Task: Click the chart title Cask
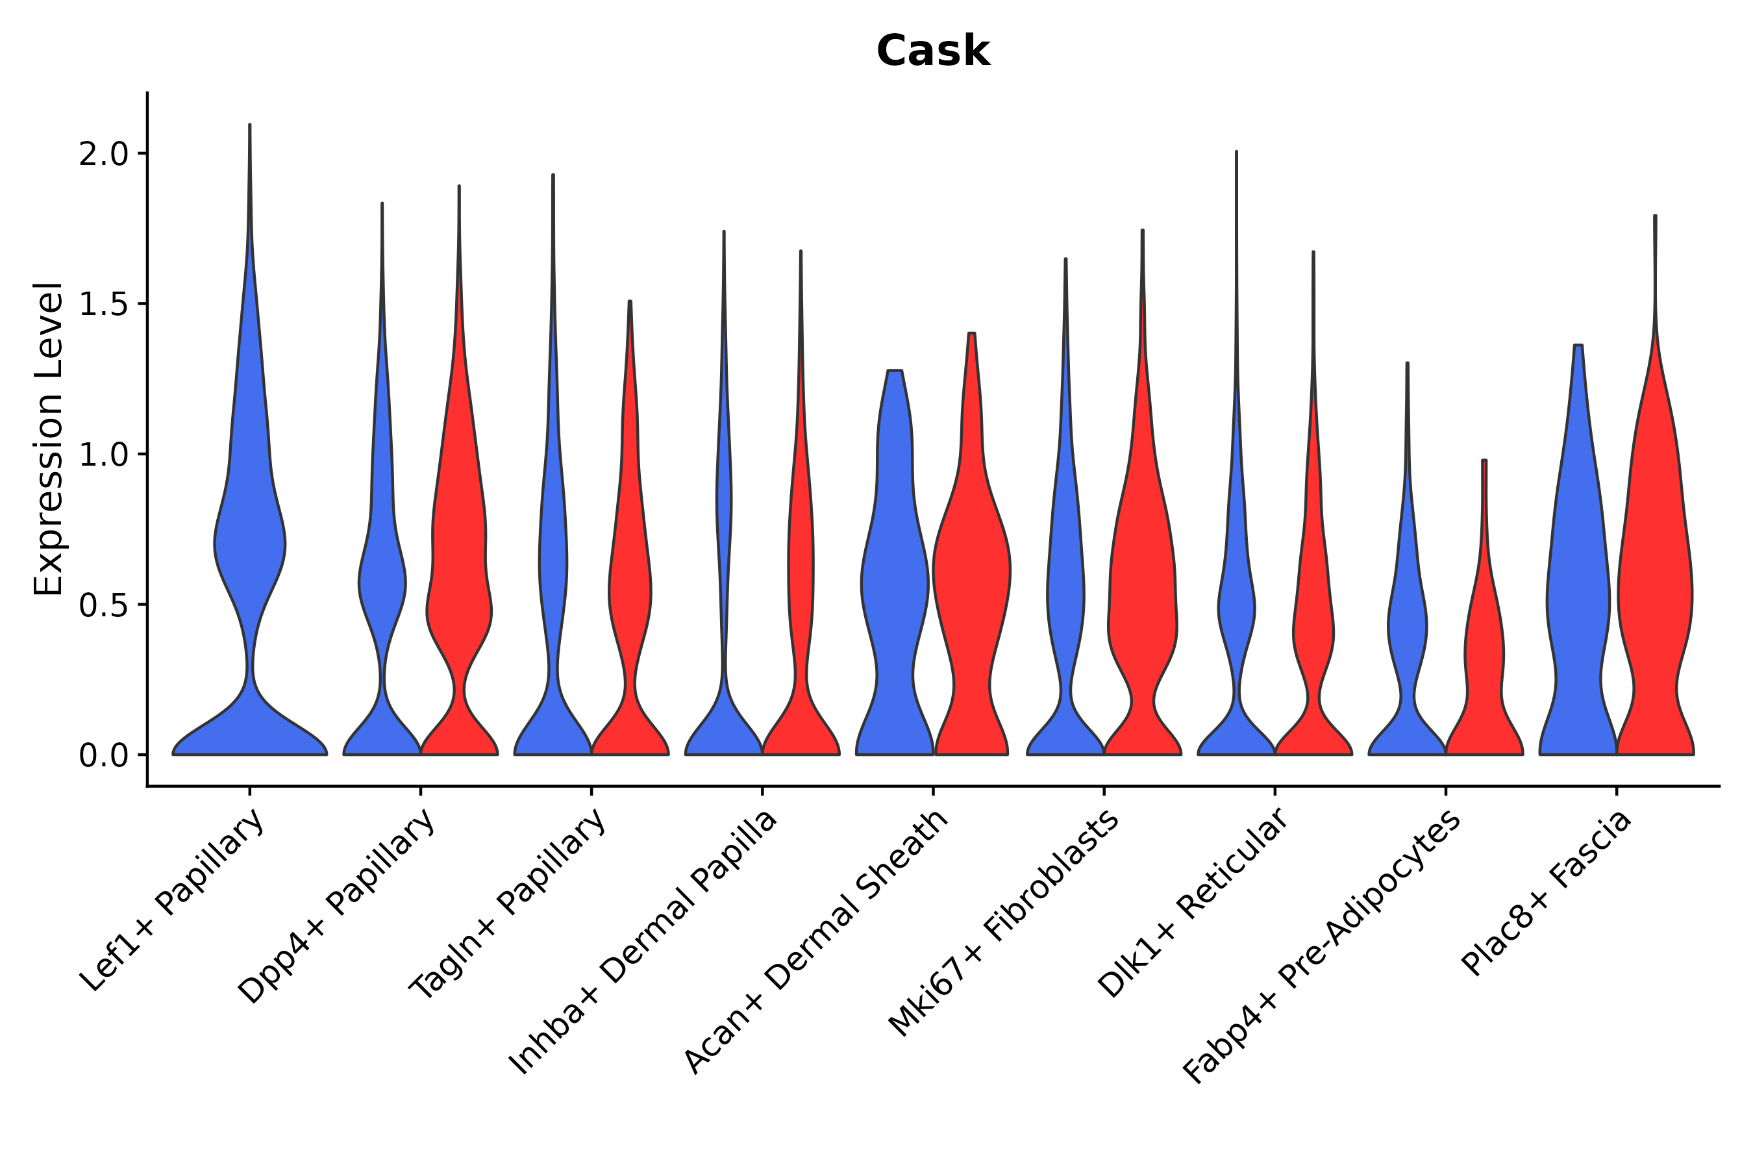932,51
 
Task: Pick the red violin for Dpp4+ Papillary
459,596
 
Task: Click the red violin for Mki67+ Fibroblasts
1142,596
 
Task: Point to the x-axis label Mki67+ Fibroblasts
1003,924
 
